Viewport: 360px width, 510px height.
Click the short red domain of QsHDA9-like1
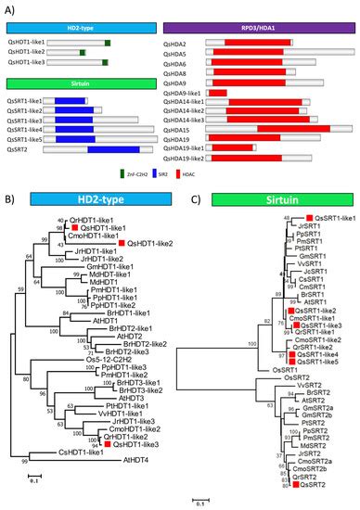[218, 93]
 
